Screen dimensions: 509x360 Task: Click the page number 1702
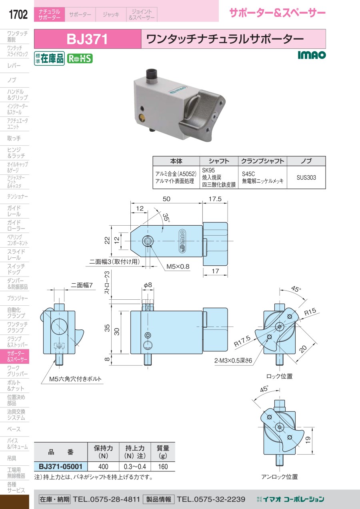pos(18,15)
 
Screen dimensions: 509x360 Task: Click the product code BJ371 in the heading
pos(87,39)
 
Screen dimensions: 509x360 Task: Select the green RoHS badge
pos(80,58)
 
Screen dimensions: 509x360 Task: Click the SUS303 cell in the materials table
pos(306,177)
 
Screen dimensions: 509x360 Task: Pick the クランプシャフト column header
pos(262,161)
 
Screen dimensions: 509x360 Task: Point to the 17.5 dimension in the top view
pos(215,199)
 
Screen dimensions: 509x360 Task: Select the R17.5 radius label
pos(242,341)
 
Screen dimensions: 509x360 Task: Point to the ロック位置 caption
pos(279,376)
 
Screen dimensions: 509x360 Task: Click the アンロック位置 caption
pos(279,477)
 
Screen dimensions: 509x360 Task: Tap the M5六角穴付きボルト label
pos(75,379)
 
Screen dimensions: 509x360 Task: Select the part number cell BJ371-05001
pos(60,466)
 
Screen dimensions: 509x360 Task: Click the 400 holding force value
pos(103,467)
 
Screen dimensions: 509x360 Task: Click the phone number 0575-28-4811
pos(106,499)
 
